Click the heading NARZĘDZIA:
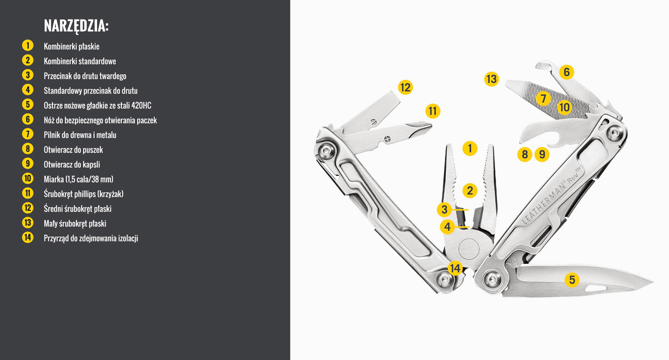76,26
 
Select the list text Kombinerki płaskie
72,46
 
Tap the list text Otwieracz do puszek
73,150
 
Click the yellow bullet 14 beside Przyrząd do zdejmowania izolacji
28,238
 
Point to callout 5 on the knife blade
572,280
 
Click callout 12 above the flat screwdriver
405,87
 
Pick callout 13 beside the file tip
491,79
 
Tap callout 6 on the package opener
567,72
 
